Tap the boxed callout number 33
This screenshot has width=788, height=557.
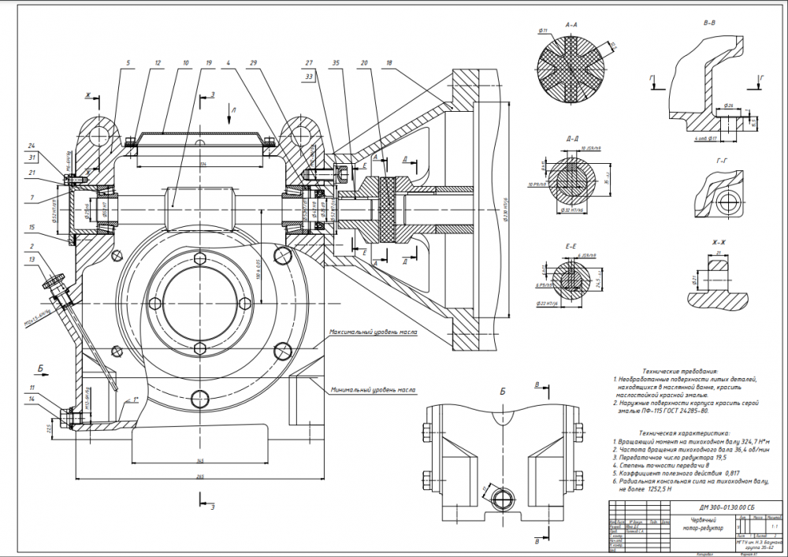[x=309, y=76]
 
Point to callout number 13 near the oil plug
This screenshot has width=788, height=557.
[x=54, y=259]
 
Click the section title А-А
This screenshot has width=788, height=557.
[x=573, y=25]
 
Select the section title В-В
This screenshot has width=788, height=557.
[x=709, y=23]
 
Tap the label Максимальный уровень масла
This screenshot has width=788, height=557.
[x=373, y=332]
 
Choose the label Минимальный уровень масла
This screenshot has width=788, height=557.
[x=373, y=390]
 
